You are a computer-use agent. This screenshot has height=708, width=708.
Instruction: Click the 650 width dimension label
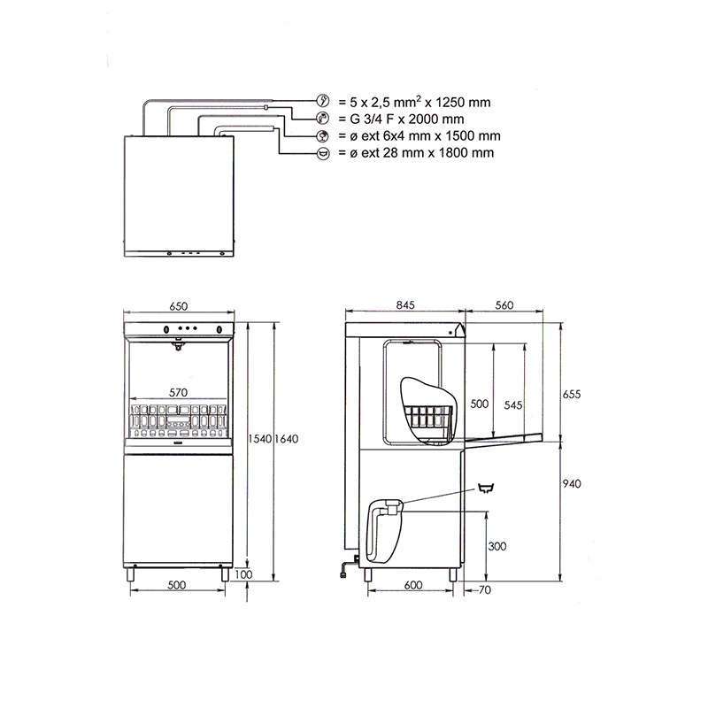tap(179, 306)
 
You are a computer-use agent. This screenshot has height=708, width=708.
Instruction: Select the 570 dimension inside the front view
tap(178, 393)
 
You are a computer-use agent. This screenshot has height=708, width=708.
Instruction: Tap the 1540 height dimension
tap(259, 439)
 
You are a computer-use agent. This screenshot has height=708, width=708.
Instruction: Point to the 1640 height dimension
tap(286, 439)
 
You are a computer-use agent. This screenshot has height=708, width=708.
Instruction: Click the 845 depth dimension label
tap(405, 305)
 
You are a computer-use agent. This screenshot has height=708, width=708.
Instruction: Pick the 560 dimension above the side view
tap(504, 305)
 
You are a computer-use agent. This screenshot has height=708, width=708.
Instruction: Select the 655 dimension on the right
tap(571, 394)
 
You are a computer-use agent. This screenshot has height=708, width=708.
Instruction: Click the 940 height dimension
tap(572, 484)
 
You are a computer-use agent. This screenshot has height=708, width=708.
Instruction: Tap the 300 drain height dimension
tap(497, 546)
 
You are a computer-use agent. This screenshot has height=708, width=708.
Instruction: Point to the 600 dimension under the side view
tap(413, 585)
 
